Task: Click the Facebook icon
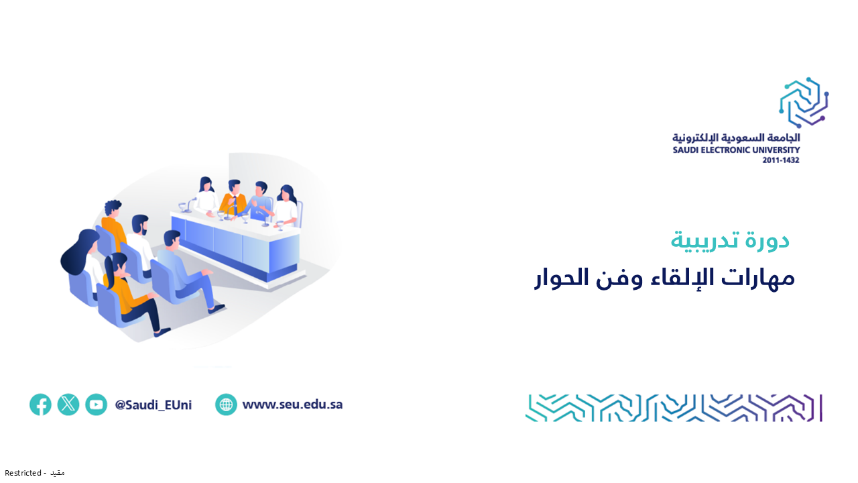41,405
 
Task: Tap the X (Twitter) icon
68,405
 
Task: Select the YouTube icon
96,405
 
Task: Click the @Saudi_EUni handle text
154,405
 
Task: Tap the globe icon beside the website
226,405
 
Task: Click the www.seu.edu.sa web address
293,405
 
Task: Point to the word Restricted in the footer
23,473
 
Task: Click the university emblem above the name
804,103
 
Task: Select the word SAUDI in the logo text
684,150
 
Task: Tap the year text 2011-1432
781,160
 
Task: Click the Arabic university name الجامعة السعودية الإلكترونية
736,138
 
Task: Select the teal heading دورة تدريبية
730,241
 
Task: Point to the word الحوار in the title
561,277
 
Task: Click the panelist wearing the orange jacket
233,199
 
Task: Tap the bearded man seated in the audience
141,246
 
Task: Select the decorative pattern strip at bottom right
674,408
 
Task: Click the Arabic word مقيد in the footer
58,473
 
